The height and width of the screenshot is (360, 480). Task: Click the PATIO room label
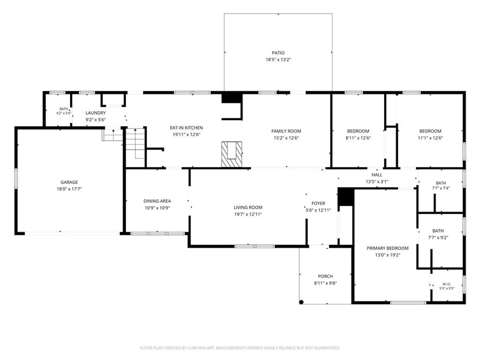click(278, 53)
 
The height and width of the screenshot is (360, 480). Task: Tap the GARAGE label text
click(69, 182)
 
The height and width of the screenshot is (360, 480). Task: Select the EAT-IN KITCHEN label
click(186, 128)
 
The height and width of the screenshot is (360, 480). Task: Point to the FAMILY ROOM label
click(286, 131)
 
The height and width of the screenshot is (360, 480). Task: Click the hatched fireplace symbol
click(232, 154)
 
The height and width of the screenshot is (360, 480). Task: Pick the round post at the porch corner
click(301, 302)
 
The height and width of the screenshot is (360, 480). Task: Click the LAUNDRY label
click(96, 113)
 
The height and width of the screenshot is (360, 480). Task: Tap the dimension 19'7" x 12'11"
click(248, 214)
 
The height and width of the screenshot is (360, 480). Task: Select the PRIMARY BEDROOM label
click(387, 248)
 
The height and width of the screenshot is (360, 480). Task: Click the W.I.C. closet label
click(447, 284)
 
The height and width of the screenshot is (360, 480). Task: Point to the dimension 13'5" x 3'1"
click(377, 181)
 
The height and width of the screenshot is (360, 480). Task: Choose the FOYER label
click(318, 203)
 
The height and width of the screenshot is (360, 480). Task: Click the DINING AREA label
click(157, 201)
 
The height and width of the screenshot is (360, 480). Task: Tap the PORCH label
click(325, 276)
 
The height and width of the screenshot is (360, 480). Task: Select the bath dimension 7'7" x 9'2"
click(438, 237)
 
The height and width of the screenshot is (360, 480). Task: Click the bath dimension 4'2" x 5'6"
click(64, 113)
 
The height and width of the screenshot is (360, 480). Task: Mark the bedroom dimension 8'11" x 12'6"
click(358, 138)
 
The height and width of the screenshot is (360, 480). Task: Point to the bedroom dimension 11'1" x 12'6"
click(430, 138)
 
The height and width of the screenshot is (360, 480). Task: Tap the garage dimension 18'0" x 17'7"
click(69, 189)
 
